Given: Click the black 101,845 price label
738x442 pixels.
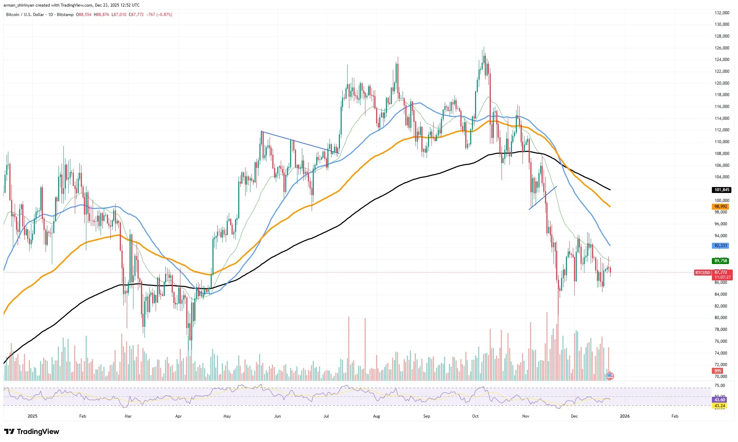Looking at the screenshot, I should click(x=721, y=190).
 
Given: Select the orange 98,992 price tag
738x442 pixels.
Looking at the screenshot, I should click(x=721, y=207).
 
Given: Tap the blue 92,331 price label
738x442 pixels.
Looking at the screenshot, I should click(x=721, y=246).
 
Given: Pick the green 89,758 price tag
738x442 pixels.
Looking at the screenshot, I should click(x=721, y=261).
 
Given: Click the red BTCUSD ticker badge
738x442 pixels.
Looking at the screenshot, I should click(x=702, y=273).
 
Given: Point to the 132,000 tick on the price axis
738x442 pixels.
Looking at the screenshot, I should click(x=722, y=13).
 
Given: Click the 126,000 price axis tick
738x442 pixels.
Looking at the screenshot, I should click(x=722, y=48).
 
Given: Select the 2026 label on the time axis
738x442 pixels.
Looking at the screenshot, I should click(x=624, y=416).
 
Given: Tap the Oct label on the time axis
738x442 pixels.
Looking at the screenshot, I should click(x=475, y=416).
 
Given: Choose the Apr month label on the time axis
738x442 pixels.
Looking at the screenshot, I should click(x=178, y=416).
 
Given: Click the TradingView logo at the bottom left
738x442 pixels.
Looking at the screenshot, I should click(x=32, y=432).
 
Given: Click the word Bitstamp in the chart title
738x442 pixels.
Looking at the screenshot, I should click(x=65, y=15).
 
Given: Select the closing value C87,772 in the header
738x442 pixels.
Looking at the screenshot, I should click(x=136, y=15).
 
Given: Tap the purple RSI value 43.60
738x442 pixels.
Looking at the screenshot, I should click(x=720, y=400).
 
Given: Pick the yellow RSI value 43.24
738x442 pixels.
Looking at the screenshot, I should click(x=720, y=406).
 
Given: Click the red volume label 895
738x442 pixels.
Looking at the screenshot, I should click(x=718, y=371).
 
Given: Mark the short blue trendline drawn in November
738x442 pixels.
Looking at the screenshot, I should click(x=543, y=198).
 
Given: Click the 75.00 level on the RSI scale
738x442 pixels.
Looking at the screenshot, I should click(x=720, y=386).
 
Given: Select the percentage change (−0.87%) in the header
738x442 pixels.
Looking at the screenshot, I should click(x=164, y=15).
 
